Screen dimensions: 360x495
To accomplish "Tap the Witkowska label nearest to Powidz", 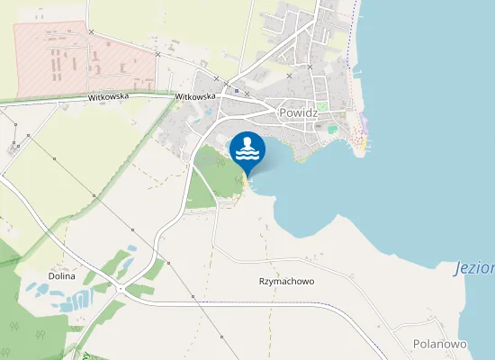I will click(195, 96).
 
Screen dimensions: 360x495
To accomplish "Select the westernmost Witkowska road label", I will click(108, 96).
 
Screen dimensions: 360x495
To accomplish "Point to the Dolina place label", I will click(62, 276).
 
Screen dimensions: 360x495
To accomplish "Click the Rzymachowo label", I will click(286, 281).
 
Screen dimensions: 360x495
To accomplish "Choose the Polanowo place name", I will click(439, 344).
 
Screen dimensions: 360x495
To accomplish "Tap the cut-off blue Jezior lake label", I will click(474, 268).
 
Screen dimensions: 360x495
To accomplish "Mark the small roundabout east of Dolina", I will click(121, 289).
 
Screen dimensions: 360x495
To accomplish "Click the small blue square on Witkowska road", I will click(236, 90).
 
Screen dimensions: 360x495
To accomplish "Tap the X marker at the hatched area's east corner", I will click(157, 55).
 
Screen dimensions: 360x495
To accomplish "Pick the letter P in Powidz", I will click(283, 114).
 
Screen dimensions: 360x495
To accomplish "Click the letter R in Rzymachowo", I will click(262, 281).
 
